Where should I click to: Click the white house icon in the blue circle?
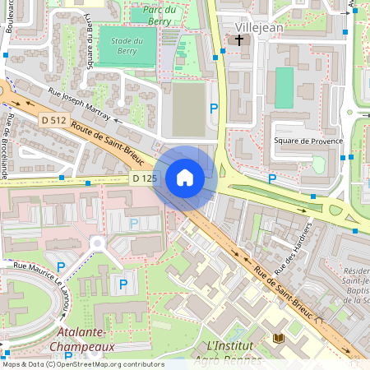184,178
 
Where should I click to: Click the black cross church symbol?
240,39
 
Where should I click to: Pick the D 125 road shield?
144,178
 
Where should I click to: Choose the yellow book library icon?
277,338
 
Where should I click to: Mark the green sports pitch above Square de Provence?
284,88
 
